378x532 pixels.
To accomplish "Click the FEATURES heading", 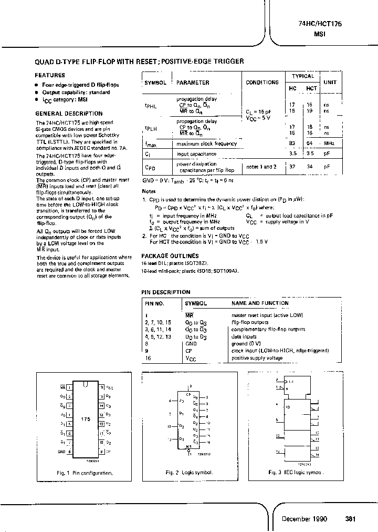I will [x=50, y=75].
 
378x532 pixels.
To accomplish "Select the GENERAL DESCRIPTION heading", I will [x=69, y=114].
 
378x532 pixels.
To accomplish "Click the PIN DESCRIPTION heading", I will [x=166, y=292].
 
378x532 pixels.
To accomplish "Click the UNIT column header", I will [x=330, y=83].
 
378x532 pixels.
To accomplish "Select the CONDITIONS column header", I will [x=262, y=83].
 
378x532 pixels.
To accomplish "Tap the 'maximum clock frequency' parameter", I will [x=206, y=144].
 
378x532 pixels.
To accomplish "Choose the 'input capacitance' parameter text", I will [x=196, y=154].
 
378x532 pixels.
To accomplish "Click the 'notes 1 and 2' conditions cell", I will [x=261, y=167].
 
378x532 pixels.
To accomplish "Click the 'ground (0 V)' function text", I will [x=247, y=343].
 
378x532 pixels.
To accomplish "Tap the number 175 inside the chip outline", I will [x=86, y=419].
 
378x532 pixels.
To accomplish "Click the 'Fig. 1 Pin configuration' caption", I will [x=85, y=473].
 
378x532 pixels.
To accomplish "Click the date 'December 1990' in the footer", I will [x=304, y=519].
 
